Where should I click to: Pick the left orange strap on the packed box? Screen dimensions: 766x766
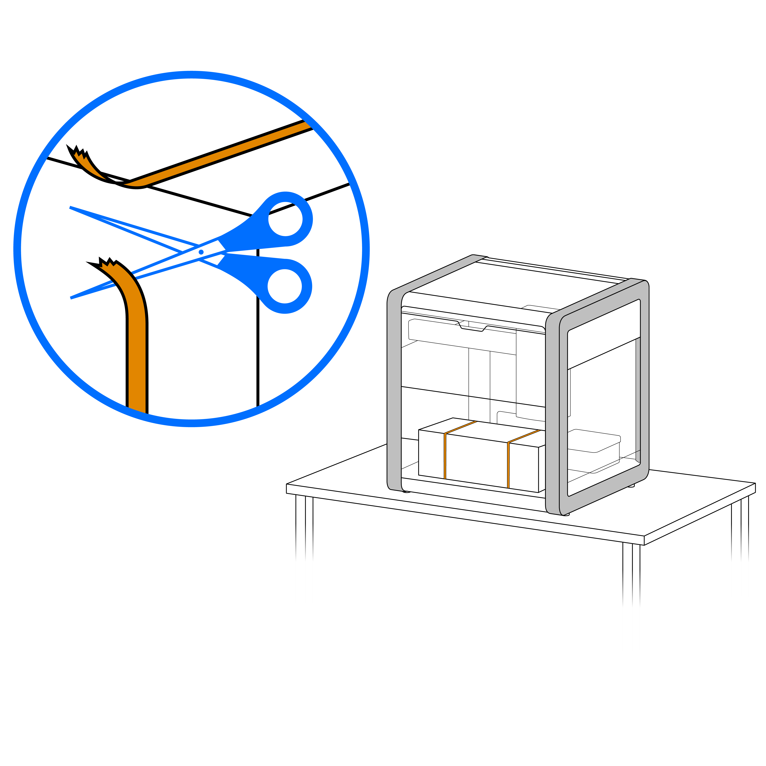pos(445,456)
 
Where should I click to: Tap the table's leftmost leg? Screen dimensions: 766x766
pos(301,527)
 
